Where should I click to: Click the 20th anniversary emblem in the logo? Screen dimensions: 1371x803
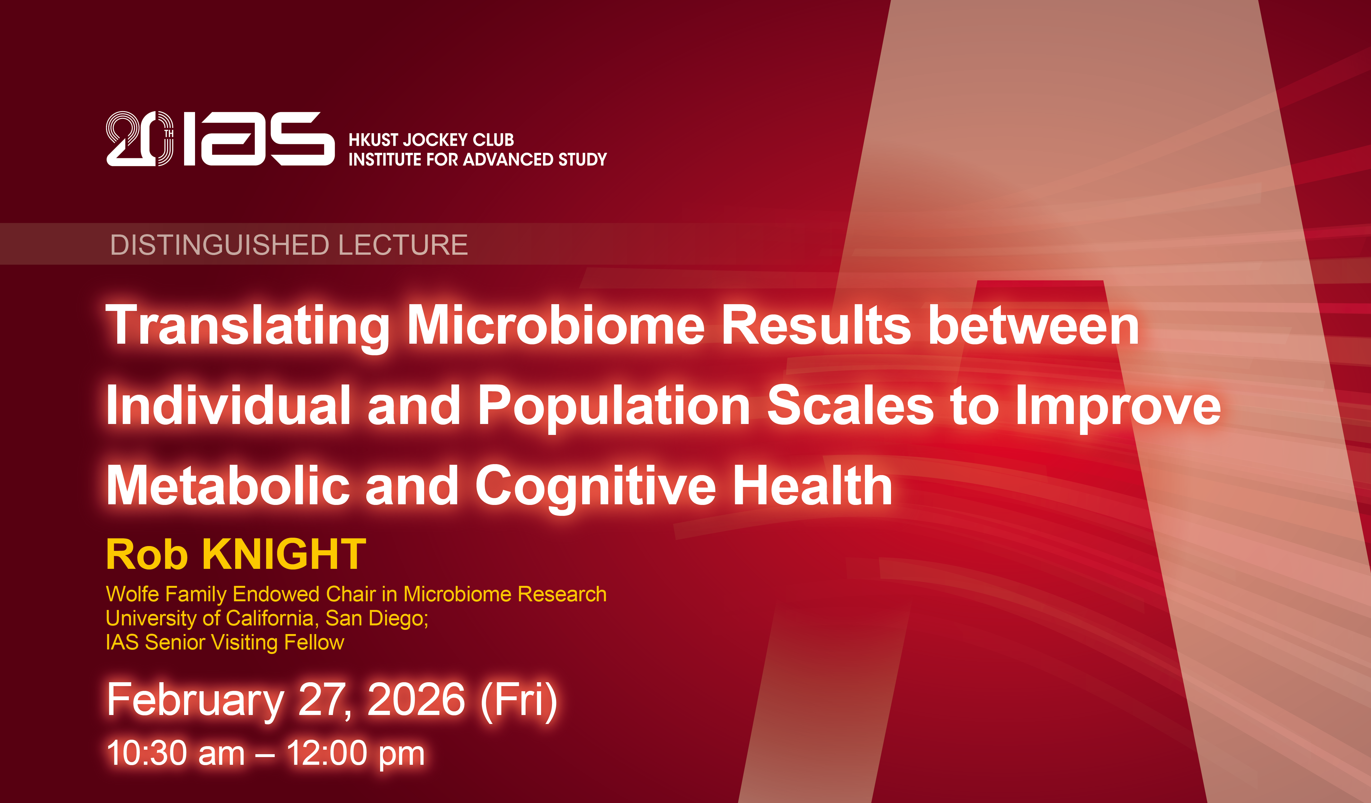click(x=140, y=139)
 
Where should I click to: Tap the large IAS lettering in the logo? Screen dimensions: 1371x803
click(x=259, y=139)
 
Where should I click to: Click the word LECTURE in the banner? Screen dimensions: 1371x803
click(x=403, y=245)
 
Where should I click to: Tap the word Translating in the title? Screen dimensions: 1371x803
click(x=247, y=326)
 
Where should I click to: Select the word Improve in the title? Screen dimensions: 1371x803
click(x=1118, y=407)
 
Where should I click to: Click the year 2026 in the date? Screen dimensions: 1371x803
click(x=416, y=700)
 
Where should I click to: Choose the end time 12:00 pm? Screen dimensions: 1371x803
click(x=355, y=754)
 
